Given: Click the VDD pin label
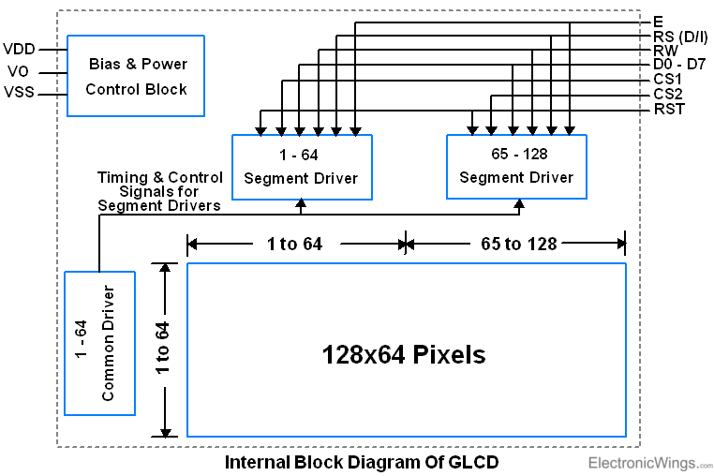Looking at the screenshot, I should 21,49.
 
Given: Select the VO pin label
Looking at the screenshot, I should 19,71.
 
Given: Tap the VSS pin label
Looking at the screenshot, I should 21,93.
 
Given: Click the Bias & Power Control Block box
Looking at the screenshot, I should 136,76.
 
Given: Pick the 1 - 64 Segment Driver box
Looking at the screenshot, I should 301,166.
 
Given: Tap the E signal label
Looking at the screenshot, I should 658,21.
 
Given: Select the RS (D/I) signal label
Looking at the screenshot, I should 680,36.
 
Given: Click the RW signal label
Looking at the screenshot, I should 665,51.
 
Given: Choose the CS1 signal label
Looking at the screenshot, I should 668,80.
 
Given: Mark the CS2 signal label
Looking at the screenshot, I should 668,95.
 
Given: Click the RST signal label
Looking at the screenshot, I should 668,110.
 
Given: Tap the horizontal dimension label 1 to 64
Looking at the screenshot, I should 294,245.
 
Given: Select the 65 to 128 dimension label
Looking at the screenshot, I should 518,245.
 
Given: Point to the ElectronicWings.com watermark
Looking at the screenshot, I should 649,463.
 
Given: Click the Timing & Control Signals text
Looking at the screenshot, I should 160,191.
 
